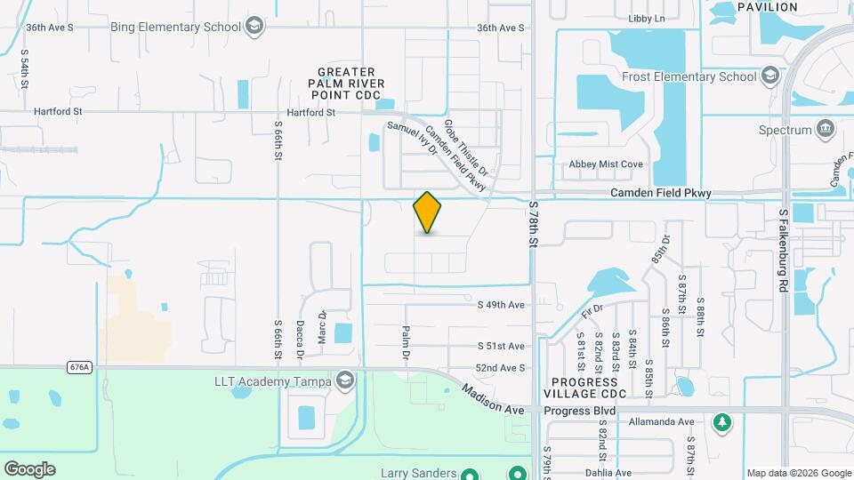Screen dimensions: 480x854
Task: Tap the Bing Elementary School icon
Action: tap(255, 26)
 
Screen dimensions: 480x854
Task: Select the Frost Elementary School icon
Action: tap(770, 76)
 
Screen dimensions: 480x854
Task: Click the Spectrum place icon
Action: tap(826, 130)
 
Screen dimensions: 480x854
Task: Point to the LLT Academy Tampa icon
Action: tap(344, 381)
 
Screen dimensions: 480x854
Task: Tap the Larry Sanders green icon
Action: tap(517, 473)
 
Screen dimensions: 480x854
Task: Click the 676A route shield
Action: tap(78, 366)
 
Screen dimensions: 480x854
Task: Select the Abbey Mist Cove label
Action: tap(606, 164)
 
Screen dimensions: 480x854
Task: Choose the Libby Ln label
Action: tap(647, 19)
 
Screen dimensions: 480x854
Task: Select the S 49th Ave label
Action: tap(501, 304)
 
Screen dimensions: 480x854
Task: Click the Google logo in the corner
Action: tap(29, 469)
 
